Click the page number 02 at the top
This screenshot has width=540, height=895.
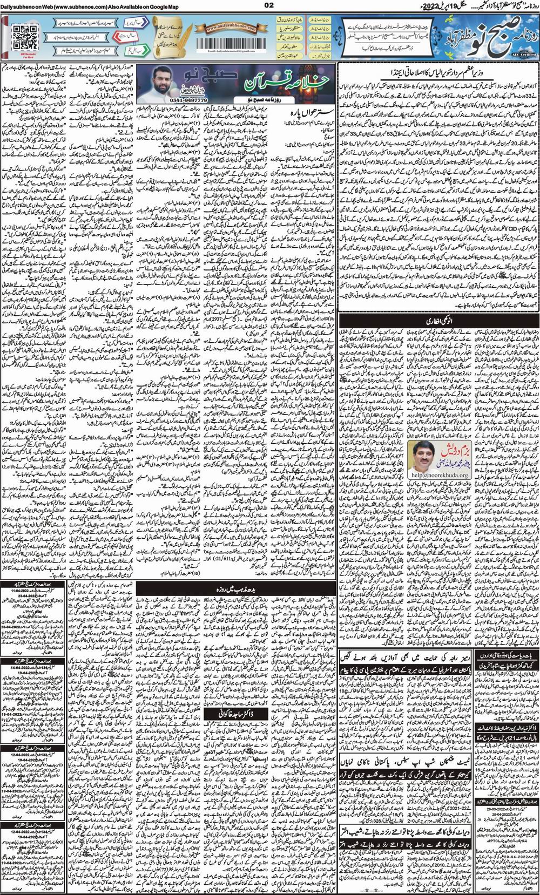point(270,5)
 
